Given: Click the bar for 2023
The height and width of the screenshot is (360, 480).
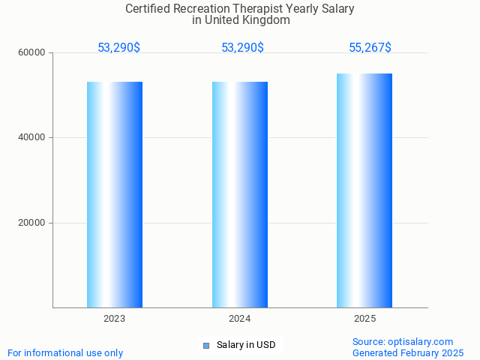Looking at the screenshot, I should point(115,194).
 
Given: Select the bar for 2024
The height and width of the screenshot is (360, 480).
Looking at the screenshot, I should point(240,194).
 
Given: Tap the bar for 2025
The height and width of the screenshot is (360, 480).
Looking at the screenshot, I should point(364,190).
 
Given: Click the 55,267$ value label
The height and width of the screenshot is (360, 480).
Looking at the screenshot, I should point(370,48).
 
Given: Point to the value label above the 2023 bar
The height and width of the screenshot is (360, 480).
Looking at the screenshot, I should point(118,48).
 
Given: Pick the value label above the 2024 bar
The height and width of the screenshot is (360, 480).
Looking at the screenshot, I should point(242,48).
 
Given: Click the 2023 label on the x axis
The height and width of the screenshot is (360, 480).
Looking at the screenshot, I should point(115,319).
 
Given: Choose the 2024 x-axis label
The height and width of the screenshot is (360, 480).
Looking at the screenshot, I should point(240,319).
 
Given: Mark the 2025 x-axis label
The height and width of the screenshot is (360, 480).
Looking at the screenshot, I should point(364,319).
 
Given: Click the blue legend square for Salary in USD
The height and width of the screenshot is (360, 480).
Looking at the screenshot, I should point(206,345).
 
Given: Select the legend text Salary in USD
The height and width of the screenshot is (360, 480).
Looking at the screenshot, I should point(246,345).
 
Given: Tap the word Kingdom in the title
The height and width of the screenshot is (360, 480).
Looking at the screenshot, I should point(266,20).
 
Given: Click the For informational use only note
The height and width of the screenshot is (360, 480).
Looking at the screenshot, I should point(65,352).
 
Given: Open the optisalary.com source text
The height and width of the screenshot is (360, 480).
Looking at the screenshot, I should point(403,341).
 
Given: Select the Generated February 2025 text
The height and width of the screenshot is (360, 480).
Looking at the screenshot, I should point(408,352).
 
